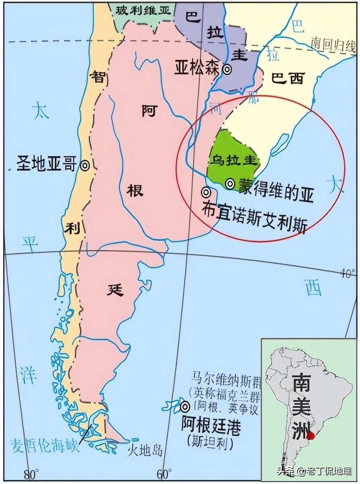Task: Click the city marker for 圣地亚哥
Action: (85, 165)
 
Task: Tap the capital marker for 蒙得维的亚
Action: (230, 183)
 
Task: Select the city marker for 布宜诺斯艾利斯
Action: (206, 192)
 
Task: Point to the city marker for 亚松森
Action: (227, 69)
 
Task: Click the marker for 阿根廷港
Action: (185, 407)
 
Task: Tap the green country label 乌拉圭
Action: (233, 161)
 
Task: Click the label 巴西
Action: (288, 79)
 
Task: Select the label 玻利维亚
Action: (143, 11)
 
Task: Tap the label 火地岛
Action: (144, 451)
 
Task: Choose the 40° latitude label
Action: (348, 273)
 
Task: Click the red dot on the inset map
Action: (311, 435)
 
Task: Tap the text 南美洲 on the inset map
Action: (302, 407)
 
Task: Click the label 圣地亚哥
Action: (46, 164)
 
